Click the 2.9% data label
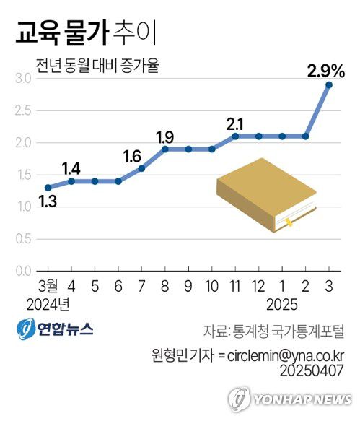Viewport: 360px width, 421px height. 325,71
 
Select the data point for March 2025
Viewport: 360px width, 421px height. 329,85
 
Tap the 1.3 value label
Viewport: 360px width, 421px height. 47,203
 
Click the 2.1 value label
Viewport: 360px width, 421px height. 235,122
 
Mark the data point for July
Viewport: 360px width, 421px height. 141,168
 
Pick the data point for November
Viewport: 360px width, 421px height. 235,136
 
